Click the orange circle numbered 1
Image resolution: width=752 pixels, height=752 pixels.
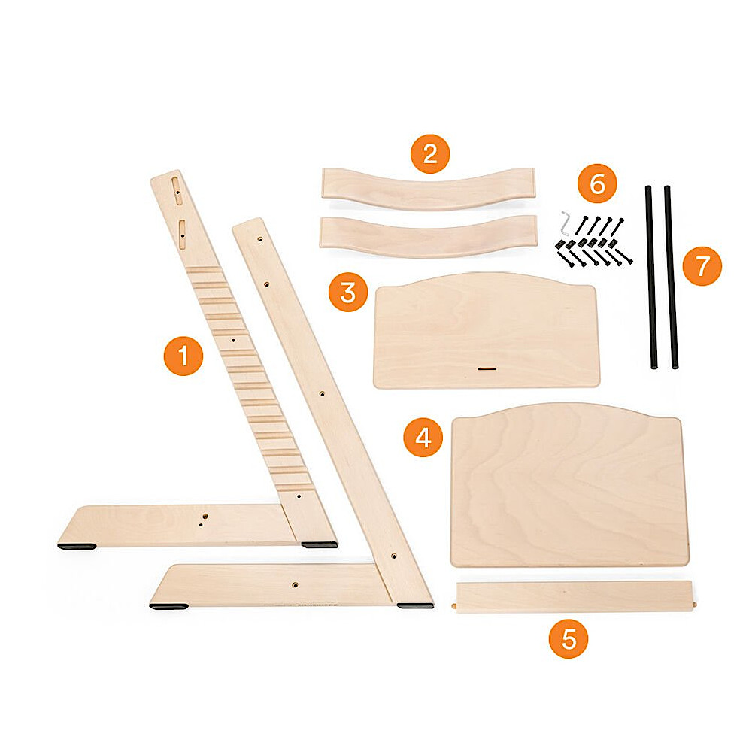coord(183,356)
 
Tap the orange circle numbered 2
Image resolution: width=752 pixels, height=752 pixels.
coord(430,154)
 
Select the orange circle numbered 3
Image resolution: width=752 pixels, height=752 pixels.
coord(348,292)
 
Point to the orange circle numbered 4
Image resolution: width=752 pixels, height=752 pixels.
coord(423,437)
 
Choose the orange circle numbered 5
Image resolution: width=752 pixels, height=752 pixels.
coord(569,638)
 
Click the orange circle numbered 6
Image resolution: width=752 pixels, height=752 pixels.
coord(597,183)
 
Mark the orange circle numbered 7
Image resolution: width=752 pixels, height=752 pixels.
coord(702,265)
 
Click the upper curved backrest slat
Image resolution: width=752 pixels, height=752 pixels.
coord(429,187)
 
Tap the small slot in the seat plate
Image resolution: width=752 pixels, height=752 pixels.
coord(487,369)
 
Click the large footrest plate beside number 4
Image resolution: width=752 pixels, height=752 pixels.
coord(570,484)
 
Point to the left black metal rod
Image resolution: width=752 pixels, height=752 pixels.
coord(650,277)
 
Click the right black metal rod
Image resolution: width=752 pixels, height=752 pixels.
coord(671,277)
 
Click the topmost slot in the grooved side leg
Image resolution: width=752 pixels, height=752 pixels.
coord(177,190)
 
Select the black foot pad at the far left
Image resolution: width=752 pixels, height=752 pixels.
coord(77,546)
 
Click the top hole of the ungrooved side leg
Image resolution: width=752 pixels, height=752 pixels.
coord(259,238)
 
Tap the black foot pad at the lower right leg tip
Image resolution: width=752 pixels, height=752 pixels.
coord(415,605)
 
